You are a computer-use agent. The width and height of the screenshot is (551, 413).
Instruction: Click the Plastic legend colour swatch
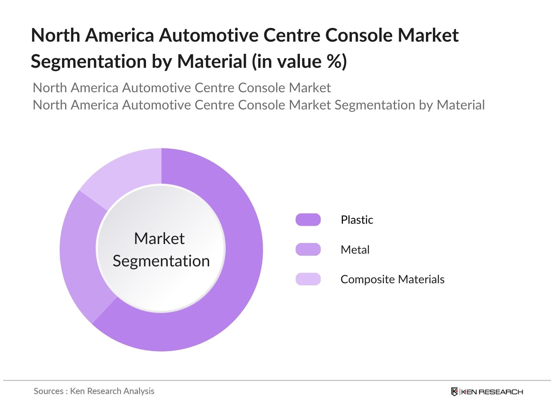(308, 220)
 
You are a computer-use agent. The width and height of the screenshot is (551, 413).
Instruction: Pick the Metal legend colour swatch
(308, 250)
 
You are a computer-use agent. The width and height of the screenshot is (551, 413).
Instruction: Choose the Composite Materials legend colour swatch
(308, 279)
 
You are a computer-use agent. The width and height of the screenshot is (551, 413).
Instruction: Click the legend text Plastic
(357, 220)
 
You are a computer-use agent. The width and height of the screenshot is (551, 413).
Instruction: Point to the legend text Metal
(355, 250)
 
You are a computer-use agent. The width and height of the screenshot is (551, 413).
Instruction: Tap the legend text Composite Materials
(392, 279)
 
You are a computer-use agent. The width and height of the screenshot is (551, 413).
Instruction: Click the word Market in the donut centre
(159, 239)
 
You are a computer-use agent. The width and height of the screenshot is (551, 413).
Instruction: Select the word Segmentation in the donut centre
(161, 261)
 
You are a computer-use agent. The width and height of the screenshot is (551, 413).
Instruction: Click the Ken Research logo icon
(454, 392)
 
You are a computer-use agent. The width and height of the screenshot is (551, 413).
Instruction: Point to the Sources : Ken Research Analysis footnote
(94, 391)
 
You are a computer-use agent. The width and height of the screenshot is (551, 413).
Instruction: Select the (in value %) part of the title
(299, 62)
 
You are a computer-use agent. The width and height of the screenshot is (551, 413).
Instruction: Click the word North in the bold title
(55, 35)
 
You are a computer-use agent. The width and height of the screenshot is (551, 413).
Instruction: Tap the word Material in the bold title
(212, 62)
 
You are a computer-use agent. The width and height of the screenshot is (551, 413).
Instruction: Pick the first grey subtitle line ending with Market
(181, 88)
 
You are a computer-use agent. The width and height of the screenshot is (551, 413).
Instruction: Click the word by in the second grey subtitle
(426, 105)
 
